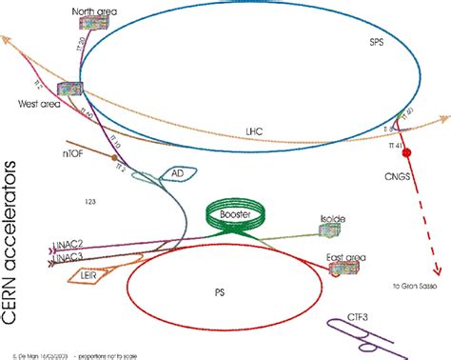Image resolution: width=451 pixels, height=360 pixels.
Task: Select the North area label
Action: (x=95, y=11)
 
